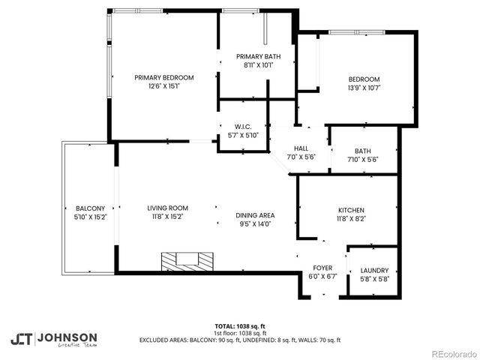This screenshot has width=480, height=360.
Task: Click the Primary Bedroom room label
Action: point(164,77)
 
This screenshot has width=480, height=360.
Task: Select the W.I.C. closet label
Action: point(242,126)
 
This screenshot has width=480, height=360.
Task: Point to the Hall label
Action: point(301,148)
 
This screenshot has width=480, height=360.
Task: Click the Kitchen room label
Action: point(351,210)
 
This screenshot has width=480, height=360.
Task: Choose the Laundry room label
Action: point(374,271)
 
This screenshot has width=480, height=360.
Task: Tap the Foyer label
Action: point(322,268)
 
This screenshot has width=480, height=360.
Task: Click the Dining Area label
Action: point(256,214)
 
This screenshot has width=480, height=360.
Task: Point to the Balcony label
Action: point(90,208)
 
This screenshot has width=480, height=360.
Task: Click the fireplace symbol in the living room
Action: point(187,261)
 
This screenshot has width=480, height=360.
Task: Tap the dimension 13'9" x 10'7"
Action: point(364,88)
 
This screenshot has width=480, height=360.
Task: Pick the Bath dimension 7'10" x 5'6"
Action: point(363,160)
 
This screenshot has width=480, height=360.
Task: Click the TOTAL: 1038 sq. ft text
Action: point(240,326)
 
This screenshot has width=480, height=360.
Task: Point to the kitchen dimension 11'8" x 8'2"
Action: point(351,219)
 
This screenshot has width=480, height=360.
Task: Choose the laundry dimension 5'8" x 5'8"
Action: point(374,280)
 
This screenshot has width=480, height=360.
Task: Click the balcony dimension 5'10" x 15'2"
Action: point(90,217)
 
